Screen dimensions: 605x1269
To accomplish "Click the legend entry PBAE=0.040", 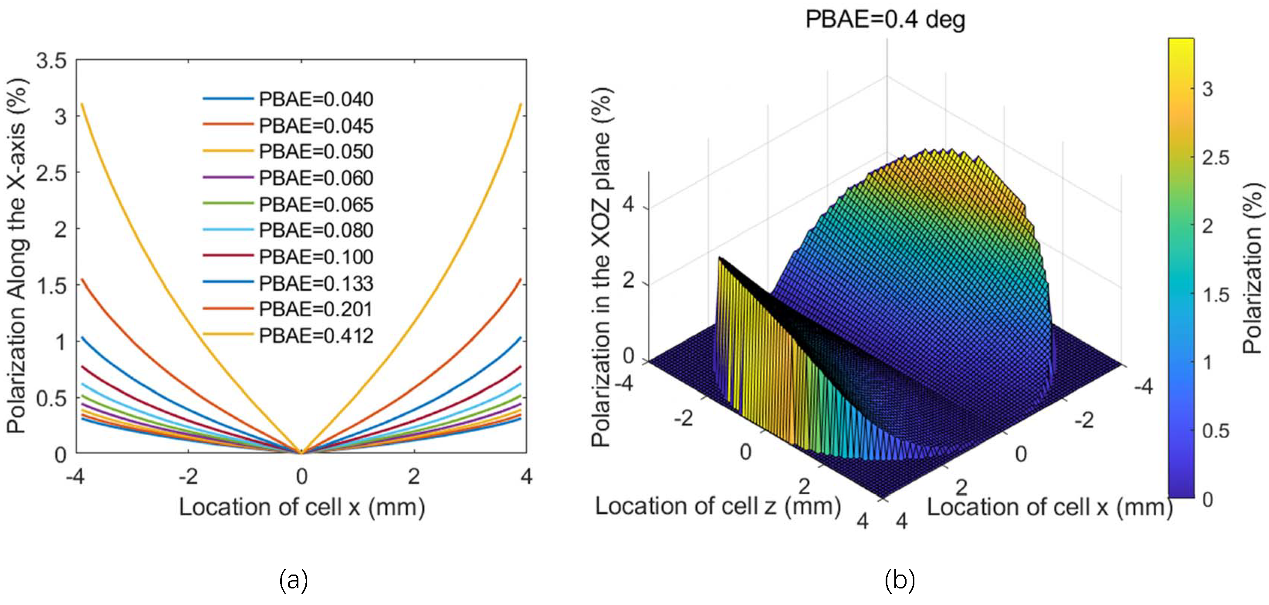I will (x=316, y=99).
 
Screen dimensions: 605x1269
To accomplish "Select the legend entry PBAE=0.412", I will (x=316, y=336).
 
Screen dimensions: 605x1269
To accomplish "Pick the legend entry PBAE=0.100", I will (x=316, y=257).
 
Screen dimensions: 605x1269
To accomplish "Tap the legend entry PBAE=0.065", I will (x=316, y=204).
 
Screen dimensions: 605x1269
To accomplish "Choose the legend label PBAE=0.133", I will (x=316, y=283).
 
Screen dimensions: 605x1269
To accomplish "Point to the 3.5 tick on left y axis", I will (x=51, y=61).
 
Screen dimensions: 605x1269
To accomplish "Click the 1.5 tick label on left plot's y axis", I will (x=51, y=286).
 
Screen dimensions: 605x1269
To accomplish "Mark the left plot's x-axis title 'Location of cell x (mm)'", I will (x=301, y=508).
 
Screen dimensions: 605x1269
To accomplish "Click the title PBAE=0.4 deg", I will (x=885, y=20).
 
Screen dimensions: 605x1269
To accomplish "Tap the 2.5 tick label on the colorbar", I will (x=1215, y=158).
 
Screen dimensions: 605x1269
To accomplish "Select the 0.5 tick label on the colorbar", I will (x=1215, y=431).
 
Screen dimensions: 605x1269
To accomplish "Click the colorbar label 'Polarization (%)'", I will (x=1253, y=268).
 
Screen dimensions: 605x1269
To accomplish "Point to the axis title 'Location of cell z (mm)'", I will (x=718, y=506).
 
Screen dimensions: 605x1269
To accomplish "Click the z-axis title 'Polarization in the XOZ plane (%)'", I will (x=601, y=268).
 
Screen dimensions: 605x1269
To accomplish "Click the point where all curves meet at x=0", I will (x=301, y=452).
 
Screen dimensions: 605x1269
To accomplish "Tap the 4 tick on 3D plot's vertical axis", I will (x=628, y=204).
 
